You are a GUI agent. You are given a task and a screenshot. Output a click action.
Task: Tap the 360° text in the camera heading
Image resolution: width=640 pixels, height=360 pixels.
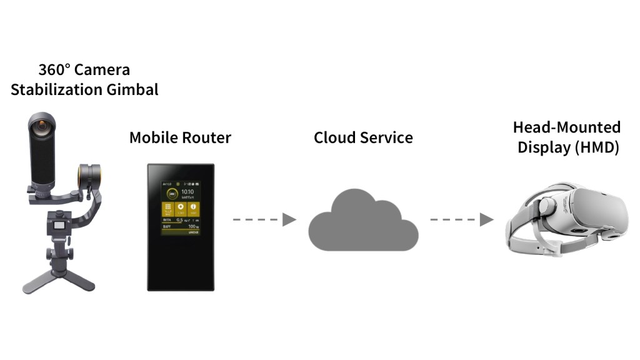point(52,70)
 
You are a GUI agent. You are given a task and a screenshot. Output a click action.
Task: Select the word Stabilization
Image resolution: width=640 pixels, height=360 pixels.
point(56,89)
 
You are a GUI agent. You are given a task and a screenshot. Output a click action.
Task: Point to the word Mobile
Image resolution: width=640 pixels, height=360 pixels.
point(151,137)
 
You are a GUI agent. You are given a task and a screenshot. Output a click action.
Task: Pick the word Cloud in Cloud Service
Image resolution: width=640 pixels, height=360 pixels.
point(334,137)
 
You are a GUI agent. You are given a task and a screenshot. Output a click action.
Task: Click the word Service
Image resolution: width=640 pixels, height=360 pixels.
point(386,137)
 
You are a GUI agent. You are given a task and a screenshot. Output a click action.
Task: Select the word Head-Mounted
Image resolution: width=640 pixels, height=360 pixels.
point(567,127)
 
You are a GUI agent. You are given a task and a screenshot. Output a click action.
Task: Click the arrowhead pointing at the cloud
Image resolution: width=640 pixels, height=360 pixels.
point(289,219)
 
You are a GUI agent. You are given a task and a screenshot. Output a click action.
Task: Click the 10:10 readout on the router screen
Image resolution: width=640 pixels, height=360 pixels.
point(188,192)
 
